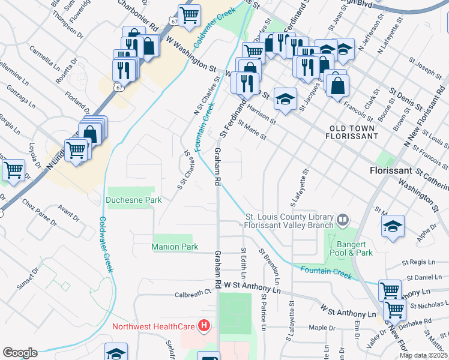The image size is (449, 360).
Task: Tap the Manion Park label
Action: point(175,247)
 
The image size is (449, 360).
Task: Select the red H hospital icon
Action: point(204,326)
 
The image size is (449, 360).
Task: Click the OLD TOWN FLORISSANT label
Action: point(351,132)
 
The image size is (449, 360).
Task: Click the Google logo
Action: point(20,353)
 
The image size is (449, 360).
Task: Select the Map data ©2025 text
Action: point(423,355)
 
